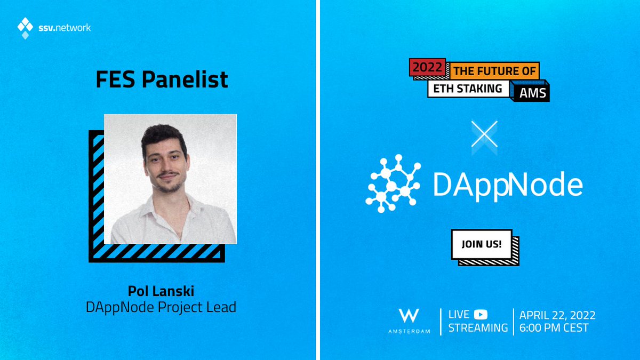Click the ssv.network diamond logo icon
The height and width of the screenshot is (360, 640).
(25, 28)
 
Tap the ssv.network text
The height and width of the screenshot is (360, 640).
(65, 28)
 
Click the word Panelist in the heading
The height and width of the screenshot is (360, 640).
(185, 79)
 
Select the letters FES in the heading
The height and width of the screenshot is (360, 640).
(115, 79)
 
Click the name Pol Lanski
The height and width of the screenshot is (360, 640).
(161, 291)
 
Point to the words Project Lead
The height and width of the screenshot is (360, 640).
(197, 307)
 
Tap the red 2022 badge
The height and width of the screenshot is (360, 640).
(427, 67)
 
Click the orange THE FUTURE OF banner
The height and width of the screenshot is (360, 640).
(494, 71)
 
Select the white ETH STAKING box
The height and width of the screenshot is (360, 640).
(468, 89)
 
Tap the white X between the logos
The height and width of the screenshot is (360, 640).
(484, 134)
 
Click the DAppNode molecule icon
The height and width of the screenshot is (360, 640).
(393, 183)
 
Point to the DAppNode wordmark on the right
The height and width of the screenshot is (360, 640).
(508, 185)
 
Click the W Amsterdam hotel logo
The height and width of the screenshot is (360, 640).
(409, 321)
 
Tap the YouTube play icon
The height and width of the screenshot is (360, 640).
(481, 315)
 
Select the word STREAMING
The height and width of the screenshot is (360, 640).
(478, 327)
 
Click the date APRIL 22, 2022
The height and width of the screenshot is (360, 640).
(557, 315)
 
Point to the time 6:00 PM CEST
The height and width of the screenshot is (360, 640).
(554, 327)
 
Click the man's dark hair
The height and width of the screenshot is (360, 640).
(163, 138)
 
